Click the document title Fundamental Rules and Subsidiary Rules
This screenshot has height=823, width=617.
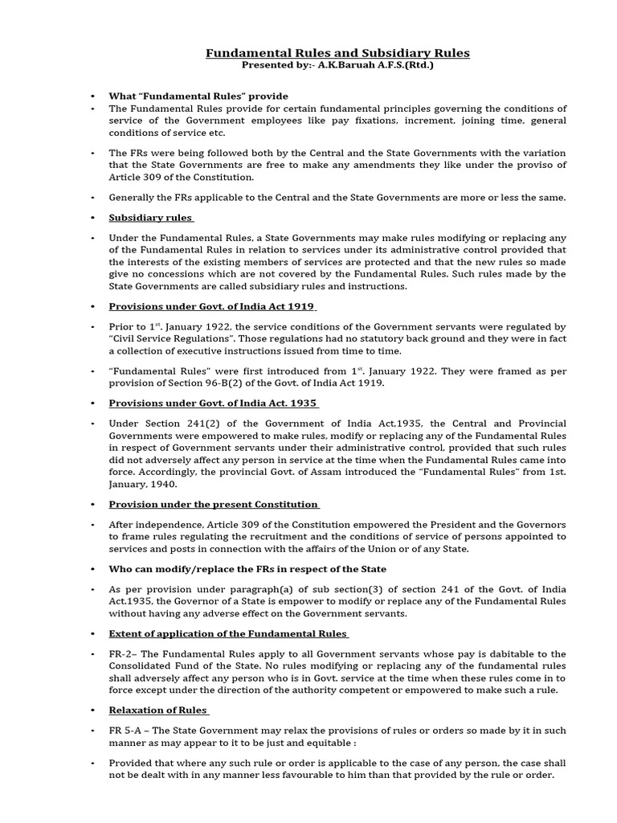(337, 53)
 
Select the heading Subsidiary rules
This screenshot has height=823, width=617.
(150, 218)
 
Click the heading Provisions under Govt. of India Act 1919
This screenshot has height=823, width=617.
(212, 306)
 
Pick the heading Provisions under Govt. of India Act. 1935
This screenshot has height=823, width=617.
(213, 403)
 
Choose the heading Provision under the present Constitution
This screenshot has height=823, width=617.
(214, 504)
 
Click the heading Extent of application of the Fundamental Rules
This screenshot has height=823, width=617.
(228, 633)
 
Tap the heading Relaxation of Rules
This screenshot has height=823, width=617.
(158, 710)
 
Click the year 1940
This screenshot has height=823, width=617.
(178, 485)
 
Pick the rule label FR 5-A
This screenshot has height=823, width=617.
(128, 730)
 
